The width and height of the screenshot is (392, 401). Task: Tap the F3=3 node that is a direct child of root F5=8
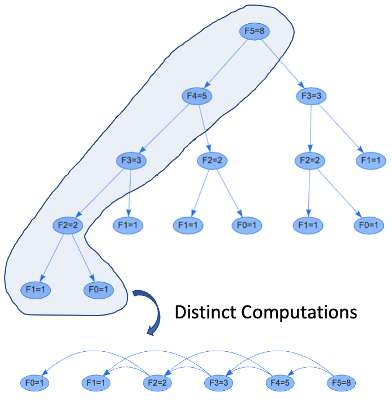coord(311,96)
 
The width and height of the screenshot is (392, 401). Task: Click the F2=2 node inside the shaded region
coord(68,225)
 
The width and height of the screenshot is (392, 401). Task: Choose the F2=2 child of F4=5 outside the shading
coord(212,160)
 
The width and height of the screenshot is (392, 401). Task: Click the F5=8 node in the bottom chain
coord(341,382)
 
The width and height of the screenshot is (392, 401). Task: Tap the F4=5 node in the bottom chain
coord(279,382)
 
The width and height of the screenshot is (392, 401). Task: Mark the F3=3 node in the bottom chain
coord(218,382)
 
